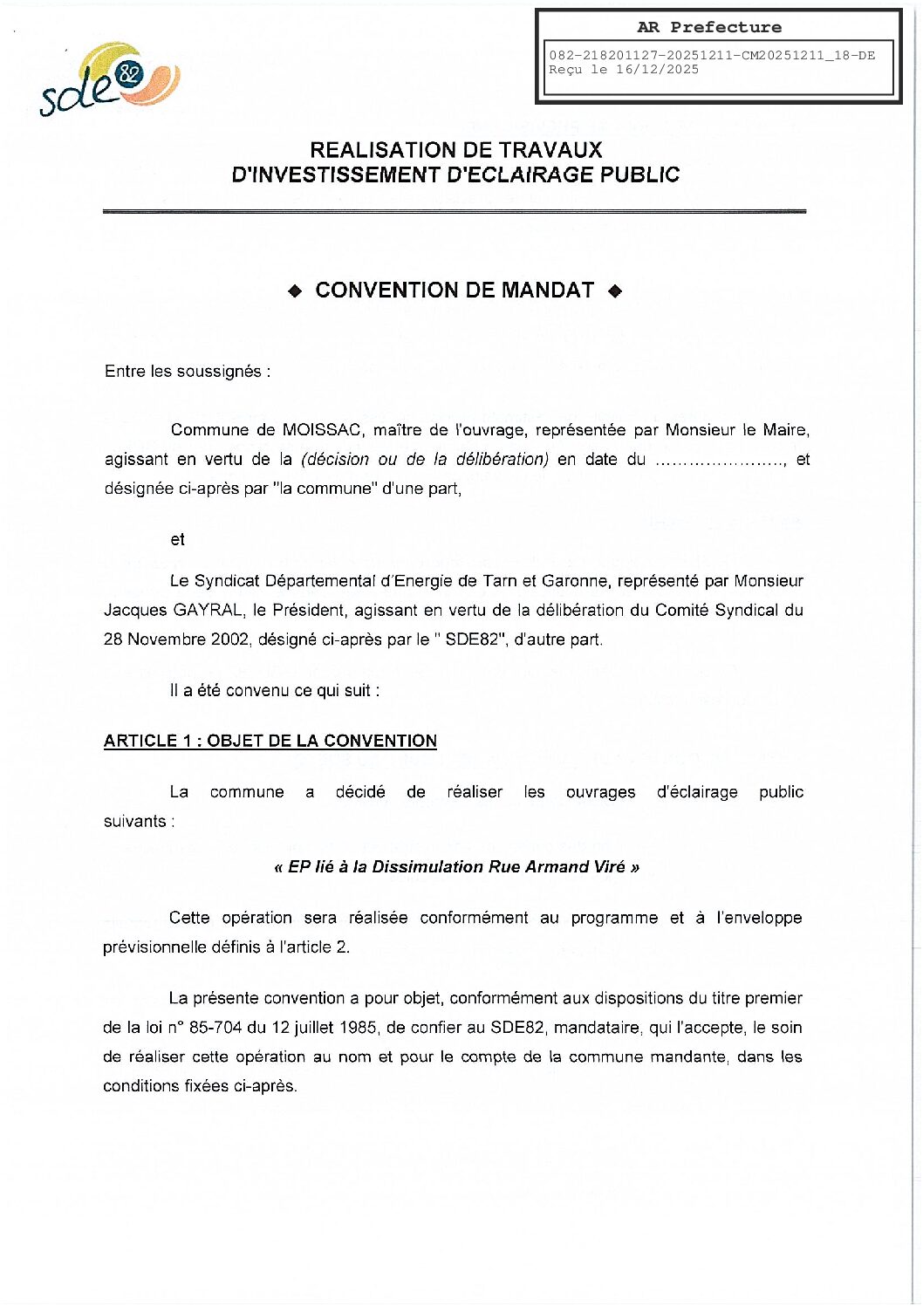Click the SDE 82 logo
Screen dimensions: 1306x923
point(109,79)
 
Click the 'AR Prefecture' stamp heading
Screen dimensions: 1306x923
point(709,27)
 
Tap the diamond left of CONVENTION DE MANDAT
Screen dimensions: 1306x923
point(295,291)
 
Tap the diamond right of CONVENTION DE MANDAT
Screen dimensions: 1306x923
point(615,291)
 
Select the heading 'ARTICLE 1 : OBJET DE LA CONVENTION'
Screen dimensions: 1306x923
point(270,742)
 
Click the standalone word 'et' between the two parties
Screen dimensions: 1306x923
point(178,540)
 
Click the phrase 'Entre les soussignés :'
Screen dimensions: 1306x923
point(188,372)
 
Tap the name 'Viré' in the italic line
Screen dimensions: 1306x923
point(609,867)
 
